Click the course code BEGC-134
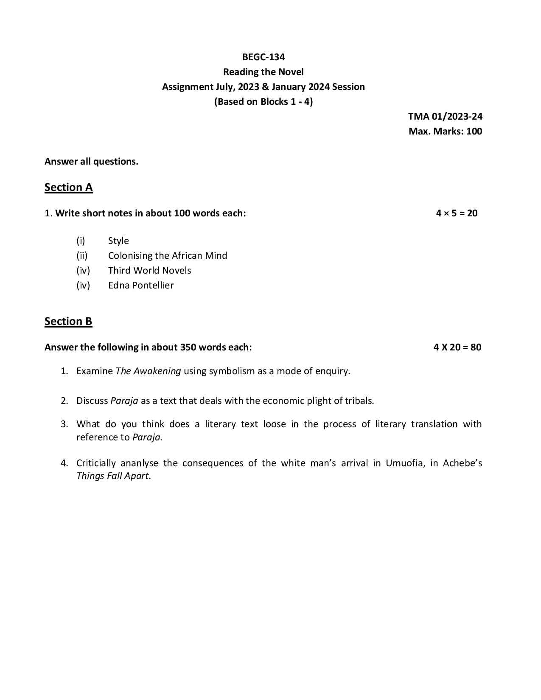pyautogui.click(x=263, y=57)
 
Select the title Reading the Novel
pyautogui.click(x=263, y=72)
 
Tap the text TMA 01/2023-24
pyautogui.click(x=445, y=117)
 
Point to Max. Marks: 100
pyautogui.click(x=445, y=132)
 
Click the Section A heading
pyautogui.click(x=68, y=188)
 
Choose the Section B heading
pyautogui.click(x=68, y=322)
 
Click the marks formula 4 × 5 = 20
pyautogui.click(x=457, y=213)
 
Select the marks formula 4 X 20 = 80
pyautogui.click(x=457, y=347)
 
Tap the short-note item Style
pyautogui.click(x=118, y=241)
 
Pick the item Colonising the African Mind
pyautogui.click(x=168, y=256)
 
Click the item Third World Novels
pyautogui.click(x=149, y=271)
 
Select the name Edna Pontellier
pyautogui.click(x=141, y=286)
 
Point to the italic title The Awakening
pyautogui.click(x=148, y=371)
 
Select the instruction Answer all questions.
pyautogui.click(x=91, y=162)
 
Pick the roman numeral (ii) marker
pyautogui.click(x=82, y=256)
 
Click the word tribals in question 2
pyautogui.click(x=359, y=401)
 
